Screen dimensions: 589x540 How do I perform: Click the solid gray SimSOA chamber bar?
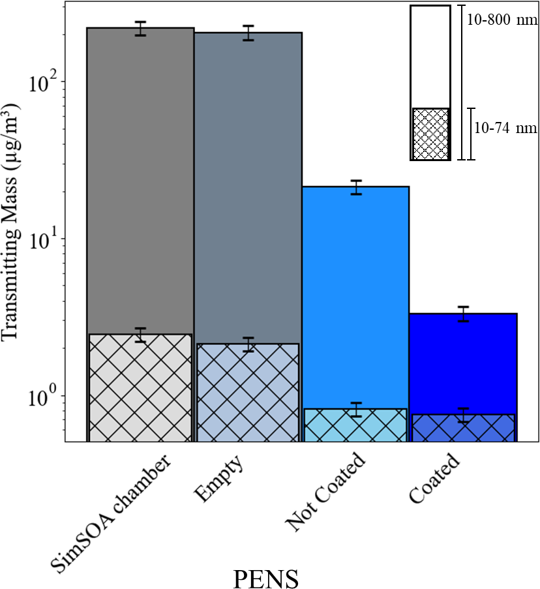coord(140,176)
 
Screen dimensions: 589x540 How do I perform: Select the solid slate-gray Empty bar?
coord(248,183)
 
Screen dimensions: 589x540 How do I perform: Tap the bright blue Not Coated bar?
coord(355,294)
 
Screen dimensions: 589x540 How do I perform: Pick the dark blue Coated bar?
coord(463,362)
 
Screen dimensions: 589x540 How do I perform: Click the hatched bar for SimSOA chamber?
coord(140,387)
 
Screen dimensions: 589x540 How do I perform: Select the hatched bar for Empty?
coord(248,392)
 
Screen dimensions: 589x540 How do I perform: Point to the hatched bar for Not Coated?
coord(355,425)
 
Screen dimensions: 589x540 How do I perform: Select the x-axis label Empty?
coord(218,479)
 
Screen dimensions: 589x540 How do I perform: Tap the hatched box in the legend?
coord(430,134)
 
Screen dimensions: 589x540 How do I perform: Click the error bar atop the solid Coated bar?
coord(463,314)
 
